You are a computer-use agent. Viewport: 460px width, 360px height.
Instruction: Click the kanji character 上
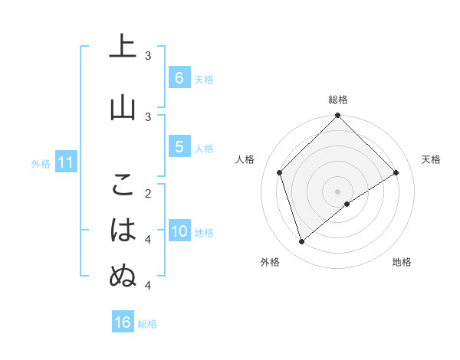pyautogui.click(x=123, y=48)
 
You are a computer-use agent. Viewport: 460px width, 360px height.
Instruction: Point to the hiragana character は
pyautogui.click(x=123, y=230)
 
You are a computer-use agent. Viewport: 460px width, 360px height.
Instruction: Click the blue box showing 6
pyautogui.click(x=179, y=78)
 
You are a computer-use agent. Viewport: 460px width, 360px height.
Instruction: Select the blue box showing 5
pyautogui.click(x=179, y=147)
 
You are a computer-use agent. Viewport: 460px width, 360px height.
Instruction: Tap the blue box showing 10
pyautogui.click(x=179, y=232)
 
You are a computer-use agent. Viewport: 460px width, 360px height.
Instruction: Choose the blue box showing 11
pyautogui.click(x=65, y=162)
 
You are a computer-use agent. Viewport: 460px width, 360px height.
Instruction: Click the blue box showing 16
pyautogui.click(x=123, y=322)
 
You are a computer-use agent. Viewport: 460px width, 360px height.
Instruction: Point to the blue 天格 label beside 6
pyautogui.click(x=204, y=80)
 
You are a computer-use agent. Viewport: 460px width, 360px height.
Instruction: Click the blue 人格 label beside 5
pyautogui.click(x=204, y=149)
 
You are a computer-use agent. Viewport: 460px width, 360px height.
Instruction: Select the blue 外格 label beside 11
pyautogui.click(x=41, y=163)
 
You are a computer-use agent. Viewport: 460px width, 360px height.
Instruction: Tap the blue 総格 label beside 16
pyautogui.click(x=147, y=324)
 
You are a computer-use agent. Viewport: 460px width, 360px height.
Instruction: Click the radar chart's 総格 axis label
pyautogui.click(x=338, y=100)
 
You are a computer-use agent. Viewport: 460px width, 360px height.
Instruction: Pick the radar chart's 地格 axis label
pyautogui.click(x=402, y=262)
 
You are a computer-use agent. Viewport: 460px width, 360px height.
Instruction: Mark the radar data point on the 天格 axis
pyautogui.click(x=396, y=172)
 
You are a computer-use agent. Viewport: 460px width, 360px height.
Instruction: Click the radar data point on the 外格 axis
pyautogui.click(x=302, y=242)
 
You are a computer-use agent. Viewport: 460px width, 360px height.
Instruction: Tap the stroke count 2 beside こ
pyautogui.click(x=148, y=193)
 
